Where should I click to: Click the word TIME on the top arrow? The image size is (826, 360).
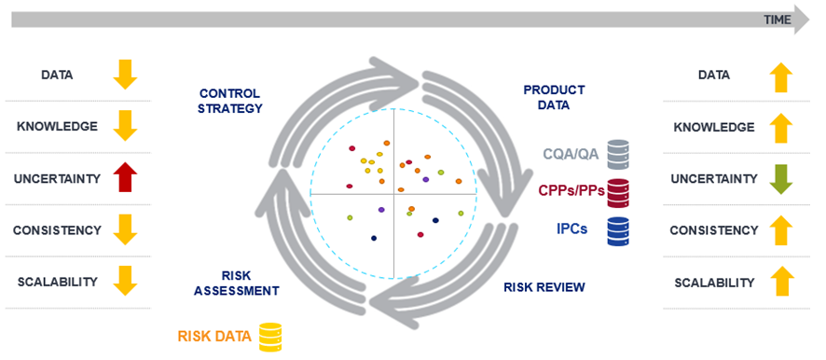(x=777, y=20)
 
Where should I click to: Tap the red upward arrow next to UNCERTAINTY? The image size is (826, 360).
(x=125, y=178)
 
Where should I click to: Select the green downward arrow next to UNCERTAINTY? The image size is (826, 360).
(x=781, y=178)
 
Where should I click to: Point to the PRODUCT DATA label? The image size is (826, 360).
(x=554, y=97)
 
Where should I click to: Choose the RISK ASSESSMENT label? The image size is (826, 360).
(x=237, y=283)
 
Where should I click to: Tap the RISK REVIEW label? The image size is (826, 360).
(x=544, y=286)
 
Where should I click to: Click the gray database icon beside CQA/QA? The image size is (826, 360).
(x=618, y=153)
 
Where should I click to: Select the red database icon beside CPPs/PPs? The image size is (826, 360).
(x=618, y=191)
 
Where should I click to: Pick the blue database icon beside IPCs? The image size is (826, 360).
(x=618, y=229)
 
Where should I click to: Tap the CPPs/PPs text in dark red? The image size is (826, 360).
(x=570, y=190)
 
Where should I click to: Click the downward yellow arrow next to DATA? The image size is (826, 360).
(x=125, y=75)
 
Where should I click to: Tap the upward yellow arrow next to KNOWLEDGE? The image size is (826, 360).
(x=781, y=127)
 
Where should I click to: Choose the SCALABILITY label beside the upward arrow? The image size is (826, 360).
(x=714, y=282)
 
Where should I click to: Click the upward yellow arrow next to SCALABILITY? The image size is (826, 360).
(x=781, y=282)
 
